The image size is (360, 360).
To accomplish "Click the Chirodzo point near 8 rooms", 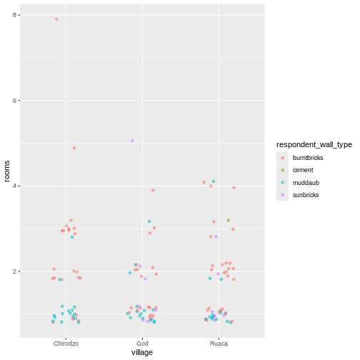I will click(x=57, y=19).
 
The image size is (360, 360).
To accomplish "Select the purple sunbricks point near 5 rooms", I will click(x=132, y=141).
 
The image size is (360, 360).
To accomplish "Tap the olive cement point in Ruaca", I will click(x=229, y=220).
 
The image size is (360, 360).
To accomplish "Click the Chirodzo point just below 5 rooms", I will click(x=74, y=148).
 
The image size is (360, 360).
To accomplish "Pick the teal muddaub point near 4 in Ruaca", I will click(x=214, y=181).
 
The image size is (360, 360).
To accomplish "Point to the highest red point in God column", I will click(x=153, y=190).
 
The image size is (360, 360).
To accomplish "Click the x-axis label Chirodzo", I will click(x=66, y=344).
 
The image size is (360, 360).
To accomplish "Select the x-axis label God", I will click(x=142, y=344).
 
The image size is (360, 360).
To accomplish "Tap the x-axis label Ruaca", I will click(x=219, y=344).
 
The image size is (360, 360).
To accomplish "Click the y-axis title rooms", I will click(x=6, y=171).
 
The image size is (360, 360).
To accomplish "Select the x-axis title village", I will click(x=142, y=353).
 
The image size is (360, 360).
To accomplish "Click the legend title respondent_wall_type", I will click(x=314, y=144).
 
